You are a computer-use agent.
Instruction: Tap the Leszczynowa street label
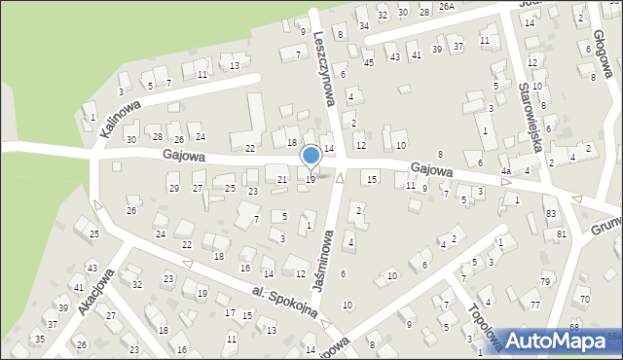point(326,66)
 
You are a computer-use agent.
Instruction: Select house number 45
point(368,63)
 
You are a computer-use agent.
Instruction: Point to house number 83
point(551,213)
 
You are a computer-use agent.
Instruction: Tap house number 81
point(561,234)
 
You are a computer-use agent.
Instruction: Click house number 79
point(544,282)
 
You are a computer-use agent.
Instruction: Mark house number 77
point(535,305)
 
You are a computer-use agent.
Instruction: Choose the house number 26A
point(446,6)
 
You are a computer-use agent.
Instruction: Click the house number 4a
point(506,171)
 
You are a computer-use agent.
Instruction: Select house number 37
point(458,46)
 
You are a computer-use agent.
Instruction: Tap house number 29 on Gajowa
point(173,188)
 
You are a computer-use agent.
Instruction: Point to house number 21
point(282,179)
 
